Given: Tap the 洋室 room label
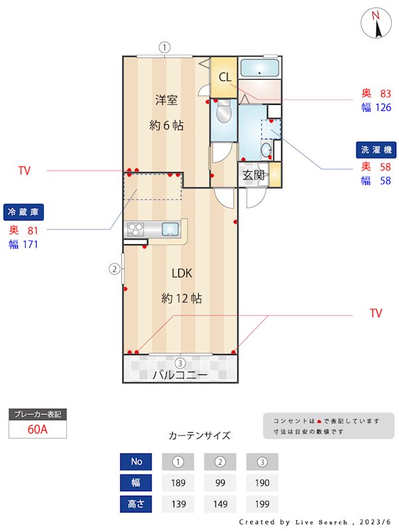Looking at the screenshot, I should [166, 100].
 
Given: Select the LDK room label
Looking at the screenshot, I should [182, 273].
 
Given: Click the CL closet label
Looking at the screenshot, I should [225, 78].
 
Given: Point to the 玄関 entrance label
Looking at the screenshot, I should [253, 175].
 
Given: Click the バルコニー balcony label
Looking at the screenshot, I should [180, 374].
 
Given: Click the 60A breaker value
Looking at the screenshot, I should [38, 429].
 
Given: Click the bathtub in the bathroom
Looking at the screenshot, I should [259, 69].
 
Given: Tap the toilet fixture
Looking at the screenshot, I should [223, 114].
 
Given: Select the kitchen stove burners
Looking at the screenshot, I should [136, 230].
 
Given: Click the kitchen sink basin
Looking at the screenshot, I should [170, 230].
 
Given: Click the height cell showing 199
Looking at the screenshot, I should [262, 504].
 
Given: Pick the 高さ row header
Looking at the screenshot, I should [136, 504].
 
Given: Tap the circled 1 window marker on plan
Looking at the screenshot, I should [165, 47].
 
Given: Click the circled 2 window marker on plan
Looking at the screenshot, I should [114, 269].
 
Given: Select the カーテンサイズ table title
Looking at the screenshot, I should [199, 436].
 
